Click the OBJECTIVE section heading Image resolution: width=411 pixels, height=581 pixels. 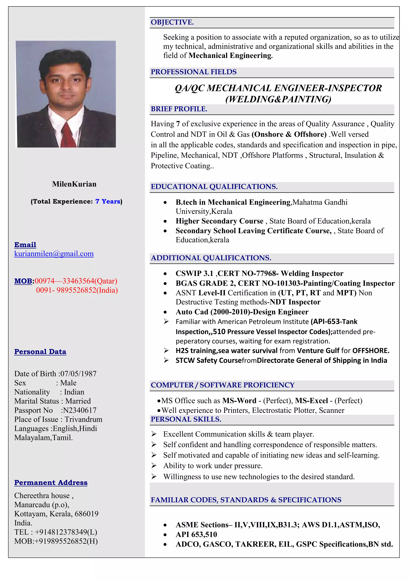point(172,22)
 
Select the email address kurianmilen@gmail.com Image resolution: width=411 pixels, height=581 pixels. point(54,254)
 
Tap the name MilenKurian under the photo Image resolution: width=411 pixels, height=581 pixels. point(74,184)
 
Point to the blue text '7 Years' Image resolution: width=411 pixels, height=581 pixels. point(108,201)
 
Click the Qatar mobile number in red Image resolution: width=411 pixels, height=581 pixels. point(76,281)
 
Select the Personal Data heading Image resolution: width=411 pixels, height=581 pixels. point(40,351)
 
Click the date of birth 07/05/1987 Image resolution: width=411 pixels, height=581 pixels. point(78,374)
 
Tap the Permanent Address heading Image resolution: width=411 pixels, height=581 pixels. point(51,482)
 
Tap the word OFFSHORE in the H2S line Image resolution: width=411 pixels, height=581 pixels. point(370,350)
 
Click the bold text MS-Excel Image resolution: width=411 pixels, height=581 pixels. point(311,401)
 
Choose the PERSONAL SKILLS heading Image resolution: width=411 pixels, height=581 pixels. point(186,419)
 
